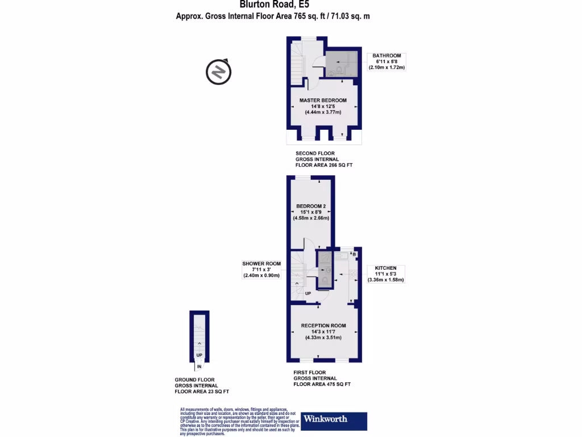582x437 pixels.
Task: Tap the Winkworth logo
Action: click(334, 420)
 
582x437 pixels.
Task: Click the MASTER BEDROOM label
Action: click(323, 100)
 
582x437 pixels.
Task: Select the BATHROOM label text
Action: click(386, 56)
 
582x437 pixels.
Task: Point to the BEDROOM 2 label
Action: click(311, 206)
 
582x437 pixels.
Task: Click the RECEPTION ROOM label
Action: click(323, 325)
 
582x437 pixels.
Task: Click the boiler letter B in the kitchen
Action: click(355, 253)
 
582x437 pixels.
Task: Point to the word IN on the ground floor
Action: click(199, 366)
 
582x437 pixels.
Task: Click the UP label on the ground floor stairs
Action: click(199, 356)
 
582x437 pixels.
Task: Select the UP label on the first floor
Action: click(307, 294)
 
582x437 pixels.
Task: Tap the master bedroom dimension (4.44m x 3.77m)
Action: click(323, 112)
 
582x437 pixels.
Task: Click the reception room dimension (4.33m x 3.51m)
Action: click(323, 337)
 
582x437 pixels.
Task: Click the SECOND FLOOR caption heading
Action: click(315, 154)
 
